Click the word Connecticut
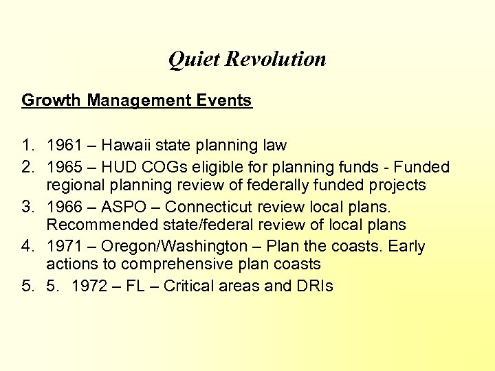[x=207, y=207]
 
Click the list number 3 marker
[x=27, y=207]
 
